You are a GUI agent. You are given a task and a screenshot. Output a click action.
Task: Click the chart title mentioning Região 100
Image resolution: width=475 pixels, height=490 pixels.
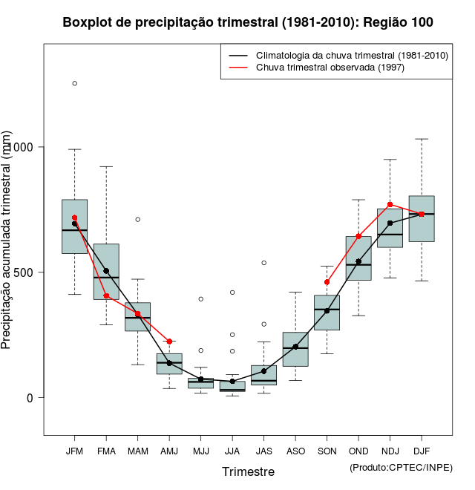(248, 22)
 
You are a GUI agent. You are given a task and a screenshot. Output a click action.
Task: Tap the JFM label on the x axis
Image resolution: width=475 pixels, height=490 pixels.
(74, 451)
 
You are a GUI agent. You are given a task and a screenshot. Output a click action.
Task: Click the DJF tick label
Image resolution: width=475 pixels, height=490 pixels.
(422, 451)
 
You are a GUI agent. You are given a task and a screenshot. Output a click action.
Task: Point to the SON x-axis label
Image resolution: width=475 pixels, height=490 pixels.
(327, 451)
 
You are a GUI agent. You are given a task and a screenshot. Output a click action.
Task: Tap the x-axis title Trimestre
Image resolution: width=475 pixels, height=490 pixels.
(248, 471)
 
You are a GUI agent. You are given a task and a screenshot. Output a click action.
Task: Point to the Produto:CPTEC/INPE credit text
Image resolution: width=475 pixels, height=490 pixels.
(401, 467)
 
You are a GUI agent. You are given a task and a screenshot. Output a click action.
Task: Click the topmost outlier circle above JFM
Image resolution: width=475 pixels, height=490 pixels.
(74, 83)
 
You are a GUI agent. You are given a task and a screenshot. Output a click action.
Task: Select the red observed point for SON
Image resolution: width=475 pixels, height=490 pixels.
(327, 282)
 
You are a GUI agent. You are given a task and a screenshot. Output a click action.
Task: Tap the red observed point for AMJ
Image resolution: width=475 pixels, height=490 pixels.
(169, 342)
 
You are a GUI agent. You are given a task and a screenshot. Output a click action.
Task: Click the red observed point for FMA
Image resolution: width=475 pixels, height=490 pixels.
(106, 295)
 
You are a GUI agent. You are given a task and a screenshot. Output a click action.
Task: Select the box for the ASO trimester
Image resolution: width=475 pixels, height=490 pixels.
(295, 349)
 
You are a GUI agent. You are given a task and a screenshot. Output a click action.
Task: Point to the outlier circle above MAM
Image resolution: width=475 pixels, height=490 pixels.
(138, 219)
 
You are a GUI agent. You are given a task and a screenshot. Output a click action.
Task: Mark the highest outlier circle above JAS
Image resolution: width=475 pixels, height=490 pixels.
(263, 263)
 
